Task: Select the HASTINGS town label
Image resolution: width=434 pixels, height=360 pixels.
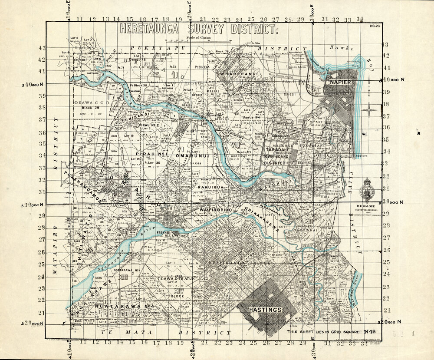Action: tap(265, 310)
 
